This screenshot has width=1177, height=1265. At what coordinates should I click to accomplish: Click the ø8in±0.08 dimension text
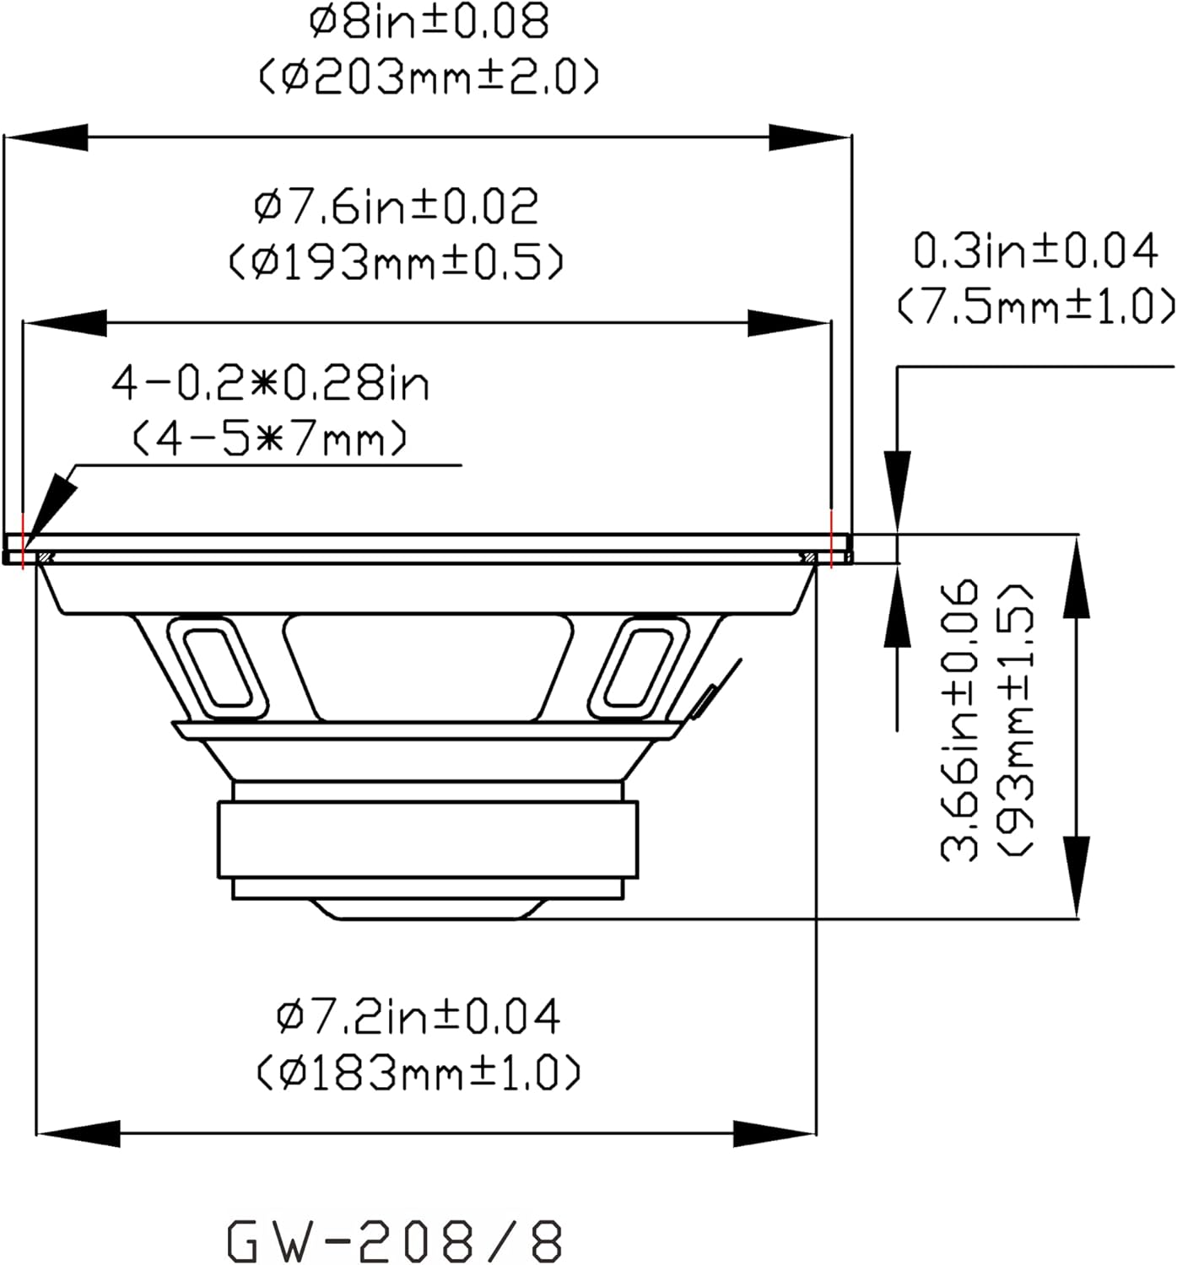coord(429,22)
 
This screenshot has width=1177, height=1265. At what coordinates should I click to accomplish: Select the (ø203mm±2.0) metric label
coord(429,78)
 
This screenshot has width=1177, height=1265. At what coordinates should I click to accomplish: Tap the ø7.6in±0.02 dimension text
coord(397,207)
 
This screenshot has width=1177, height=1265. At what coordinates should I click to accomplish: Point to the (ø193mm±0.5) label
coord(397,263)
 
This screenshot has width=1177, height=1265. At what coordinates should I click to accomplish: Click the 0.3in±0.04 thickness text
coord(1036,251)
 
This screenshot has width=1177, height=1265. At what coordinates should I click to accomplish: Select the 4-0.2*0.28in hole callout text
coord(270,385)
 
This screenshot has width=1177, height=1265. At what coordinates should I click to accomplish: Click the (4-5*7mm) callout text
coord(270,439)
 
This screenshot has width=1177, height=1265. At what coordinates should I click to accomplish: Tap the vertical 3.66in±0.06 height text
coord(960,719)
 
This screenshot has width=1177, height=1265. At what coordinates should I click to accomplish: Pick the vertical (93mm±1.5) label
coord(1015,719)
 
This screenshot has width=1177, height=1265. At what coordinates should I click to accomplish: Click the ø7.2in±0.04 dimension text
coord(418,1016)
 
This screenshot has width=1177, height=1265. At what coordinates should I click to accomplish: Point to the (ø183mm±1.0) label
coord(418,1074)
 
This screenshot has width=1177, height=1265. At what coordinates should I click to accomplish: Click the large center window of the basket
coord(429,666)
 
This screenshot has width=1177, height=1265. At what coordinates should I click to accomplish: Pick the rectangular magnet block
coord(428,840)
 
